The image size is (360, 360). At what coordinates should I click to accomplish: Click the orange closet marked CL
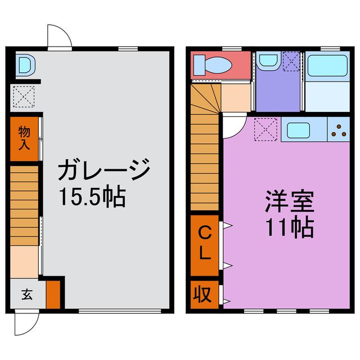pyautogui.click(x=205, y=242)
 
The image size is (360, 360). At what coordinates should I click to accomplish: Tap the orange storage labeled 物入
pyautogui.click(x=24, y=138)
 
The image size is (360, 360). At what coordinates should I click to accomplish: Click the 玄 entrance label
pyautogui.click(x=26, y=294)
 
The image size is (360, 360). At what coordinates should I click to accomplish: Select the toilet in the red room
pyautogui.click(x=213, y=65)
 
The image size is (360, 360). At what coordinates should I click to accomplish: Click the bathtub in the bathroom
pyautogui.click(x=328, y=66)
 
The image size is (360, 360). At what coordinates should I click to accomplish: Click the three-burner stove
pyautogui.click(x=340, y=131)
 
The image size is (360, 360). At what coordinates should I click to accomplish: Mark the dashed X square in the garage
pyautogui.click(x=24, y=96)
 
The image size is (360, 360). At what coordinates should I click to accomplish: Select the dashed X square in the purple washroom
pyautogui.click(x=291, y=61)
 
